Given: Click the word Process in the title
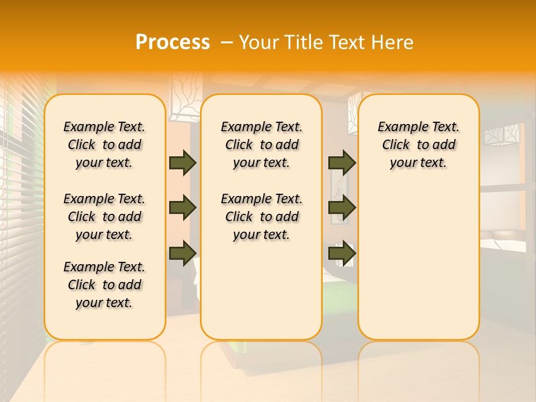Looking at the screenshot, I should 173,42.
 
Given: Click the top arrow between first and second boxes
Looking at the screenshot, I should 183,163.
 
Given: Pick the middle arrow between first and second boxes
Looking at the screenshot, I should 183,208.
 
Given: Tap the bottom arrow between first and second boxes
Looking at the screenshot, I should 183,253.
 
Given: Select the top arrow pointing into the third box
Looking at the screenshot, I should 342,163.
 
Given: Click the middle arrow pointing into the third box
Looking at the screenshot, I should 342,208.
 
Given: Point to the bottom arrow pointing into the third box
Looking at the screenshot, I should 342,253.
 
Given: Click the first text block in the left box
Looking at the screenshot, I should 104,145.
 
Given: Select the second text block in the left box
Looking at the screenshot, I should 104,217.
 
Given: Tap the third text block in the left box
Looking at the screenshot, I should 104,285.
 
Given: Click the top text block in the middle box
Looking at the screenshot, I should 262,145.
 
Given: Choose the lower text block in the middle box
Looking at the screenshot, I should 262,217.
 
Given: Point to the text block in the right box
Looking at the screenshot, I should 419,145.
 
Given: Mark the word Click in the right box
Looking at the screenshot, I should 396,145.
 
